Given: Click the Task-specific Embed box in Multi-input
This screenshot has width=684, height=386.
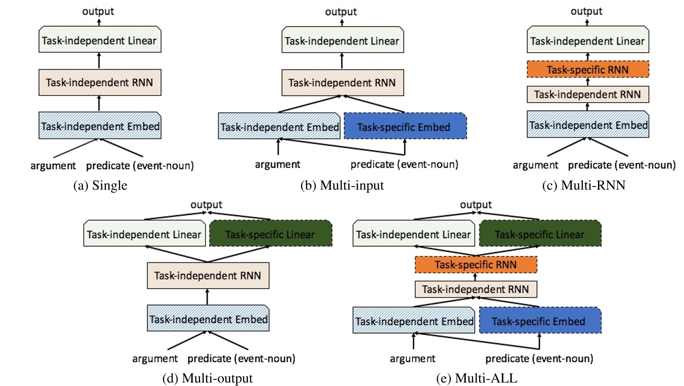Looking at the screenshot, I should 405,127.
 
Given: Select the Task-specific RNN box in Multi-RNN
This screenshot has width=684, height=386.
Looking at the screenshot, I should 588,70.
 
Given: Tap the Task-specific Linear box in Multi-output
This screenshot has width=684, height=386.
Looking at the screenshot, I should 270,234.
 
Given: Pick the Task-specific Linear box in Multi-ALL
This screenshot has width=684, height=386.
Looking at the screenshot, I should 540,234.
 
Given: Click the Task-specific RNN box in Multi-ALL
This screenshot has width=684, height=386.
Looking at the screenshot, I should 476,265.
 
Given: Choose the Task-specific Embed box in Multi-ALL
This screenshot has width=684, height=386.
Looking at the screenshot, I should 540,321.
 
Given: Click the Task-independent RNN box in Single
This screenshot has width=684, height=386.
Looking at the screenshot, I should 99,83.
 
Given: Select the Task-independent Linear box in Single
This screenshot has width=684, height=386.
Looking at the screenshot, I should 99,41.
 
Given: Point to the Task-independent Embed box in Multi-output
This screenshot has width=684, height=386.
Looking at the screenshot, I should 208,319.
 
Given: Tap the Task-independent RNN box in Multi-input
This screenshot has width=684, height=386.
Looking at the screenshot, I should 342,83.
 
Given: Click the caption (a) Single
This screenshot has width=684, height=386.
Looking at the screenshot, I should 100,186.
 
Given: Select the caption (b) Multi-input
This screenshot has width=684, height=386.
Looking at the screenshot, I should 342,186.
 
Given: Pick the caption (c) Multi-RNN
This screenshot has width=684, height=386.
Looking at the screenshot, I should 584,186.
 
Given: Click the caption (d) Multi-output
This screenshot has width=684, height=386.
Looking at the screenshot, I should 207,378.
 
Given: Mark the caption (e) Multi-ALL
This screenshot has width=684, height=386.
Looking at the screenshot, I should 477,378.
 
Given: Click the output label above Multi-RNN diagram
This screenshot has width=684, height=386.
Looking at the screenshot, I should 586,11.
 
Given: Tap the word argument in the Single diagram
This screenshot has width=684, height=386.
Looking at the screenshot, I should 53,166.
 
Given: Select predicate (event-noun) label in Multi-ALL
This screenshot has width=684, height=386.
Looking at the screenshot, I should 539,359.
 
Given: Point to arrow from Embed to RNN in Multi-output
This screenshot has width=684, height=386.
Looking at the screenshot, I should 207,296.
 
